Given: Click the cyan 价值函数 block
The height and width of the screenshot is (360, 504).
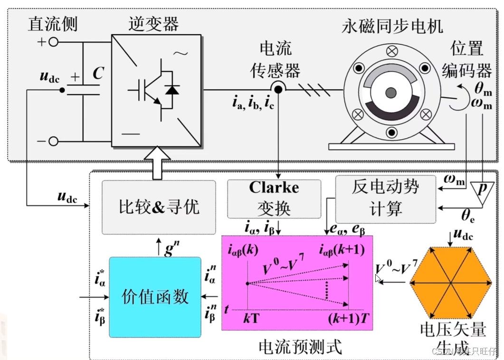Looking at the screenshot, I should pos(155,297).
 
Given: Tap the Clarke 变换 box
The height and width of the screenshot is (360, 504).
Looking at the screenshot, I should pos(274,198).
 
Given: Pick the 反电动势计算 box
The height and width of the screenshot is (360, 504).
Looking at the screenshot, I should pos(385,199).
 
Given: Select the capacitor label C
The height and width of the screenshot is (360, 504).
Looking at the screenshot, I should pos(98,74).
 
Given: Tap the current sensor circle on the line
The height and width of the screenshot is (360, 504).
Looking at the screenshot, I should pos(278,89).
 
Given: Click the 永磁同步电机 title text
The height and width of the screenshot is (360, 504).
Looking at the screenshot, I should pos(392,26).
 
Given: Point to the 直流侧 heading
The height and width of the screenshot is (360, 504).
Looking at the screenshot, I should pos(52,24).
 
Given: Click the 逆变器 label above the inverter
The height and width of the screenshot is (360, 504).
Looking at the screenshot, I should pos(153,24).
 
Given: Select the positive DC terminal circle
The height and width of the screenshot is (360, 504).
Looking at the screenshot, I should pos(54,42).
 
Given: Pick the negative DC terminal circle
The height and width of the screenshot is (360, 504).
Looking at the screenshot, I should pos(54,141).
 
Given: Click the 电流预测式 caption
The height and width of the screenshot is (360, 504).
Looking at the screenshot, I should pos(300,347).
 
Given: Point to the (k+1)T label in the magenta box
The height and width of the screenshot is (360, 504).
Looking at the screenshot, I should pos(348,318).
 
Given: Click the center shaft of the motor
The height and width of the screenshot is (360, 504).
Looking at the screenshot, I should pos(390,92).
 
